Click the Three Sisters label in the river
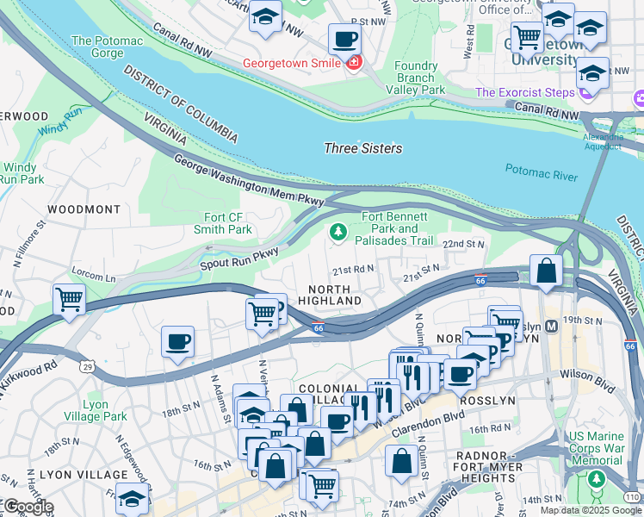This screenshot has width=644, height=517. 362,148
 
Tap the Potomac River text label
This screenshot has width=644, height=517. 541,175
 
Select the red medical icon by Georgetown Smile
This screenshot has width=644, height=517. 353,63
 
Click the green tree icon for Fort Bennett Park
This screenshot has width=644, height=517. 338,231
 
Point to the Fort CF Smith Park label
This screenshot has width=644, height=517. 222,224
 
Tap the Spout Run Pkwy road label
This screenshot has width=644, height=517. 240,256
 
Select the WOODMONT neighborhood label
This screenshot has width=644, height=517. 84,209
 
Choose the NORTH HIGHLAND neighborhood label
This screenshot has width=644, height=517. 329,295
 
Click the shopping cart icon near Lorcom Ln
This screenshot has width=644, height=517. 69,300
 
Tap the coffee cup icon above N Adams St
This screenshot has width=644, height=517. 177,341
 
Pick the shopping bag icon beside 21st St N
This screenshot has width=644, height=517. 546,271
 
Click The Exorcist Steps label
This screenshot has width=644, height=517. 524,92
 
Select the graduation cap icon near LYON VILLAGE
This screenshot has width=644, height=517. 132,499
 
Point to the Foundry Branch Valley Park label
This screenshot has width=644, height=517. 415,78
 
